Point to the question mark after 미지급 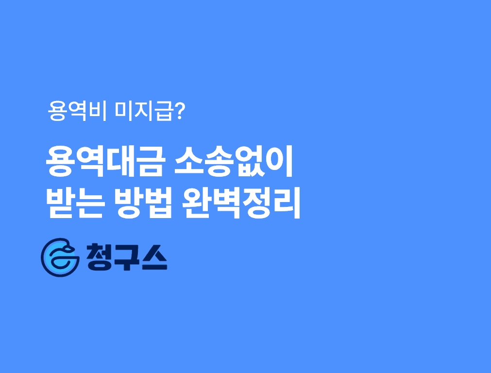(179, 112)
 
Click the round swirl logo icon (60, 257)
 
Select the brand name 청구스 (126, 257)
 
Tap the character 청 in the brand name (98, 257)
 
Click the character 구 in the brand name (126, 257)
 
